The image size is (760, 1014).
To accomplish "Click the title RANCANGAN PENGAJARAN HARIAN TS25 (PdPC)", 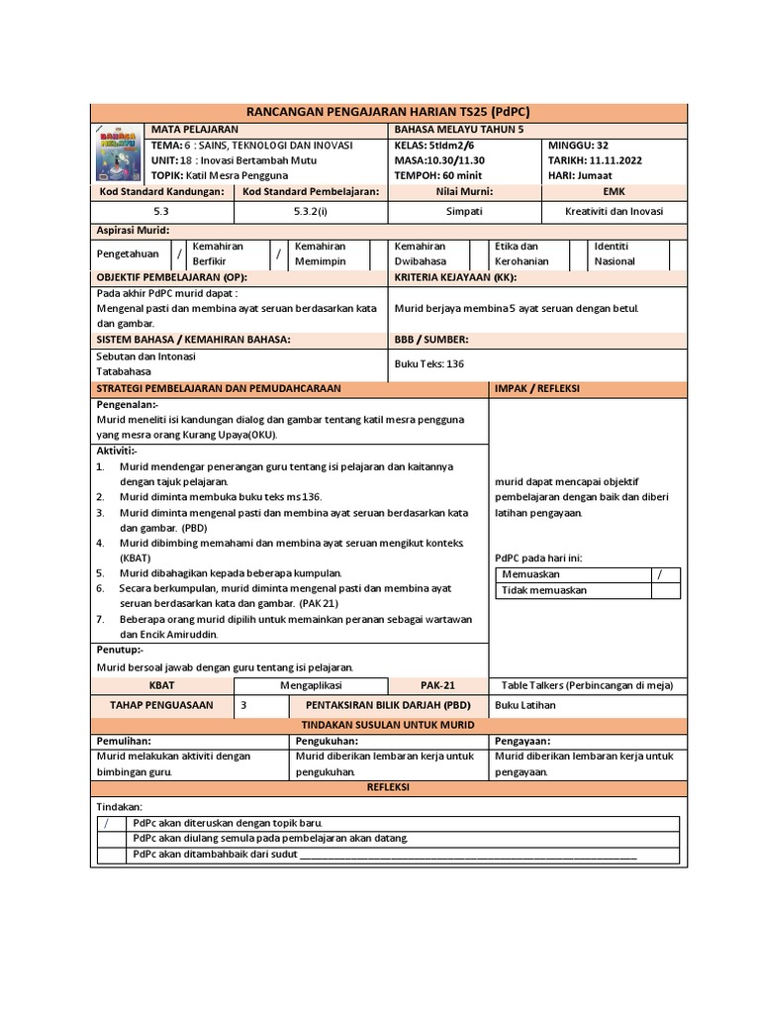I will click(386, 111).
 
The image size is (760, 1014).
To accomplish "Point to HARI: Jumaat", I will click(587, 175).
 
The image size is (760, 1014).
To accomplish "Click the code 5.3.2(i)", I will click(311, 211).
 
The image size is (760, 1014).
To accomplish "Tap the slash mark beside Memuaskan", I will click(658, 574).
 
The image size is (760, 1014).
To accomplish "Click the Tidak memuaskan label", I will click(543, 590).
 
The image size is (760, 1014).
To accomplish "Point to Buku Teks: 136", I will click(428, 363).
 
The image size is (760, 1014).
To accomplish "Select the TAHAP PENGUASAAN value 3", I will click(244, 705).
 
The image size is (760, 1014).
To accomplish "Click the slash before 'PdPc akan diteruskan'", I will click(106, 823).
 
